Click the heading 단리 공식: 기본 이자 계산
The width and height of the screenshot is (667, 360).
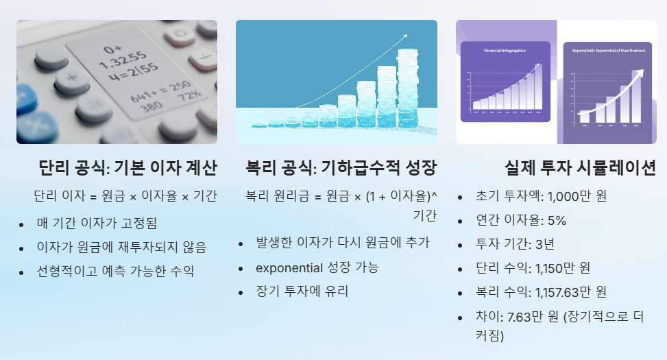click(128, 168)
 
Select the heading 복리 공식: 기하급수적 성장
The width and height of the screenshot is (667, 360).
click(341, 168)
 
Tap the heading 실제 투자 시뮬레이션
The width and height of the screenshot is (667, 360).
click(580, 168)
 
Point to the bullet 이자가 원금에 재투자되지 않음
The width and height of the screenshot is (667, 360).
click(121, 247)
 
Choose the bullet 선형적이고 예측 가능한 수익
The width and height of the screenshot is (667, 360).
click(115, 271)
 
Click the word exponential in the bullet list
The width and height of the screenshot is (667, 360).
click(289, 267)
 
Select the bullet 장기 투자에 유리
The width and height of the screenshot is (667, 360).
click(302, 291)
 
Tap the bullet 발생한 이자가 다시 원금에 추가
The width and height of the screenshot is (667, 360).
click(343, 243)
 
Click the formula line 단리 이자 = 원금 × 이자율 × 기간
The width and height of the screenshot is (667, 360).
click(125, 196)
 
